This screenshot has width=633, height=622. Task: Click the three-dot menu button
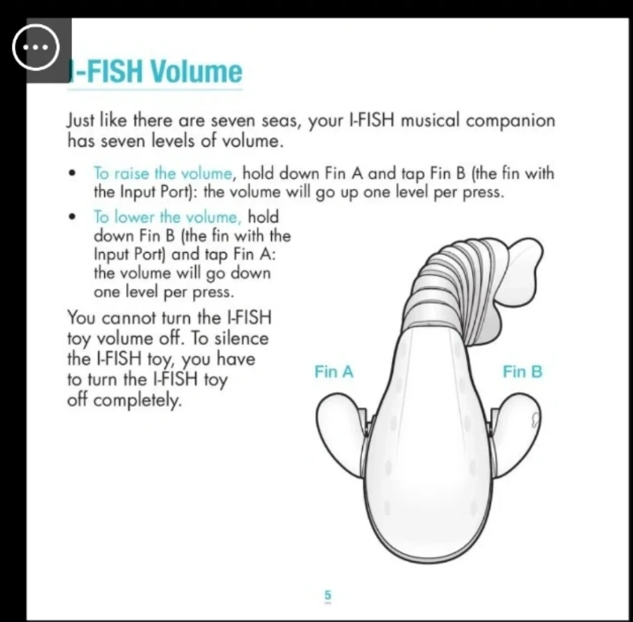(36, 47)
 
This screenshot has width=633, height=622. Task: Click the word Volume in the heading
(196, 71)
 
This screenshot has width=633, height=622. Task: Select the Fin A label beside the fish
(334, 372)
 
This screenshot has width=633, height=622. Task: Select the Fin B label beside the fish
(522, 372)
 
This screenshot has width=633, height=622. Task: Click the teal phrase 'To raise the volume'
(163, 174)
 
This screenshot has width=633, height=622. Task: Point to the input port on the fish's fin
(535, 420)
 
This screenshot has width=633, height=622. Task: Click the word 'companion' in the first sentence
(511, 121)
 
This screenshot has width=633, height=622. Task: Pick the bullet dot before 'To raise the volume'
(72, 174)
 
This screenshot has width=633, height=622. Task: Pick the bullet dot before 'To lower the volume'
(72, 217)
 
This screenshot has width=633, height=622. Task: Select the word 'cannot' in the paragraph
(128, 318)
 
